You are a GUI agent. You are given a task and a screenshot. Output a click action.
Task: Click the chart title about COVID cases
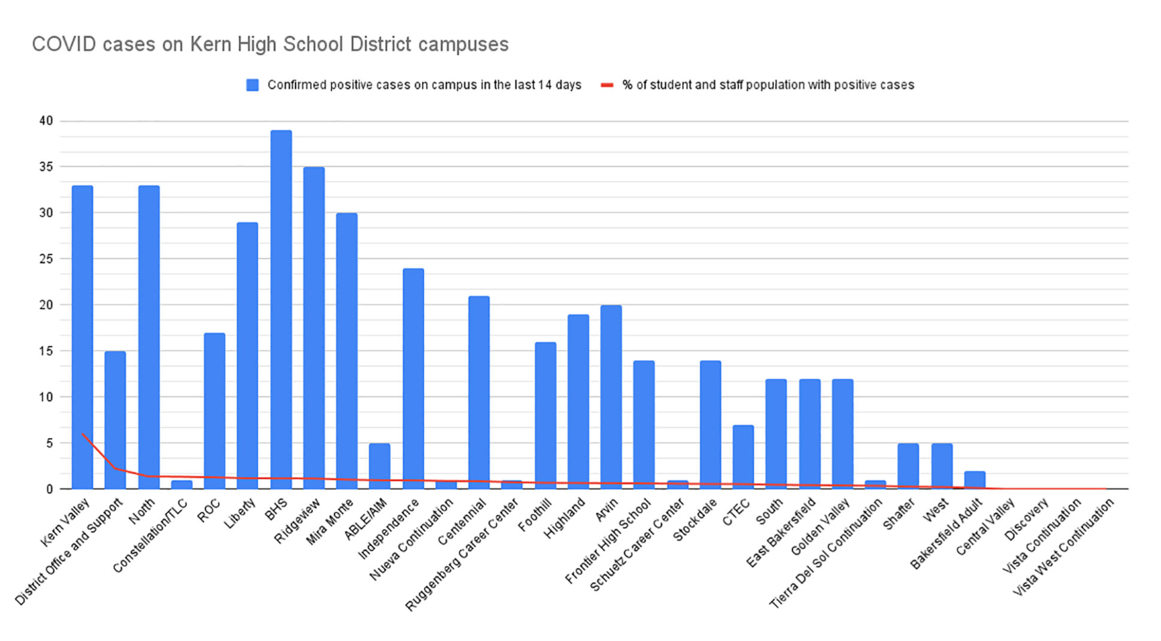coord(270,44)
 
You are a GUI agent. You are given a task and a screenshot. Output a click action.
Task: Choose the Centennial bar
coord(479,392)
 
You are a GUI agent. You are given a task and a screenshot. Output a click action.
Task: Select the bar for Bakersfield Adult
coord(975,480)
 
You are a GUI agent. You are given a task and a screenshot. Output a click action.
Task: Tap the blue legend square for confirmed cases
coord(253,85)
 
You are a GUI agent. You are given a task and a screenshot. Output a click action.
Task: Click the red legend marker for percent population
coord(607,85)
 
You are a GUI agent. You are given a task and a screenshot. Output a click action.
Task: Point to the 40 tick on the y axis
coord(46,121)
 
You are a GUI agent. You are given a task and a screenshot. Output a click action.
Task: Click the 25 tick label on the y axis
coord(46,259)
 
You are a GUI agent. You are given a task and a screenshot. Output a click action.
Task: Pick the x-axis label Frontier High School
coord(608,541)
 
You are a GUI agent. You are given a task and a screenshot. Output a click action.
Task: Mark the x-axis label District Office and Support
coord(69,551)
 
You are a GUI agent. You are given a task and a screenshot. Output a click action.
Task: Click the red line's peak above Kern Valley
coord(83,433)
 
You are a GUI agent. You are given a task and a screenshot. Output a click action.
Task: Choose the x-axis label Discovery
coord(1026,519)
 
